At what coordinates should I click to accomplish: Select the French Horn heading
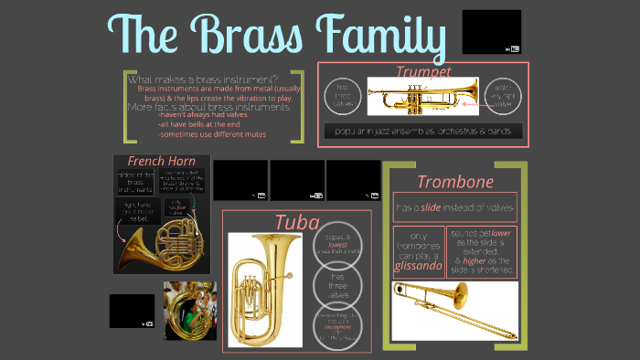[161, 162]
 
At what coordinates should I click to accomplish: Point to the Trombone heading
[454, 181]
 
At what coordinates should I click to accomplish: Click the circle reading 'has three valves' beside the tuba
[338, 283]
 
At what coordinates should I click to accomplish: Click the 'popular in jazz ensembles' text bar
[422, 132]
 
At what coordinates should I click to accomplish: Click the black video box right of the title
[492, 32]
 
